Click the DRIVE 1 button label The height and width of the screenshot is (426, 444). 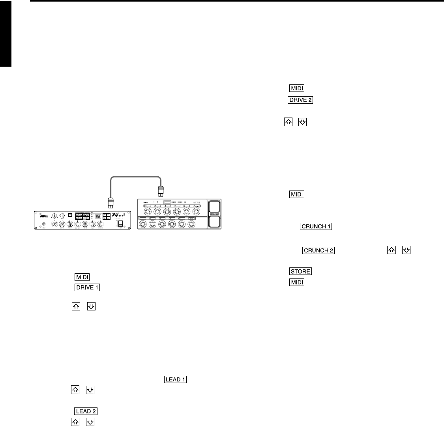click(x=86, y=287)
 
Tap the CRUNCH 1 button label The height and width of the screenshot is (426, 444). click(x=316, y=226)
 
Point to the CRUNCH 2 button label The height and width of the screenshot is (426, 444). click(x=318, y=250)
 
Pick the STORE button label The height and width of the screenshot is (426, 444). click(x=300, y=271)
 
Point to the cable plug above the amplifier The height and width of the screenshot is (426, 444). click(x=111, y=204)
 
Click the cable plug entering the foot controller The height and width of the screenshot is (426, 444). click(x=161, y=191)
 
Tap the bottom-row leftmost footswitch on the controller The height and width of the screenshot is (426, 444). click(x=142, y=225)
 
